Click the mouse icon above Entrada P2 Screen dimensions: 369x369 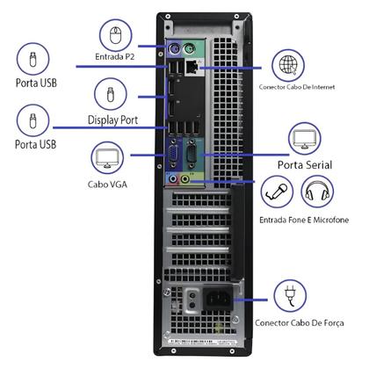(114, 37)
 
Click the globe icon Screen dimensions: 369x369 (286, 65)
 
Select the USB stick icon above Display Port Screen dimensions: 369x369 (112, 92)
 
